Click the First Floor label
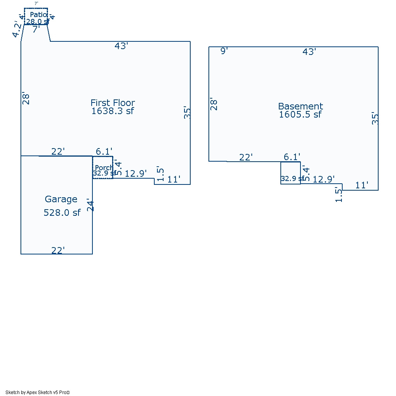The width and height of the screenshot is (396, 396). click(x=113, y=103)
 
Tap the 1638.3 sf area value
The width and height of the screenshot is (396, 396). click(x=113, y=111)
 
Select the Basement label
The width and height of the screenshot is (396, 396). click(x=300, y=106)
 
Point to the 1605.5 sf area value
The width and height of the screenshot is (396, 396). click(x=300, y=114)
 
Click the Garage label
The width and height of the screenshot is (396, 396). click(x=61, y=199)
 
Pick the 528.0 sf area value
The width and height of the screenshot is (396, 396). click(x=62, y=212)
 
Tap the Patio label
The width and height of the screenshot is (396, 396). click(x=38, y=15)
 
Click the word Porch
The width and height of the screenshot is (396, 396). click(x=104, y=168)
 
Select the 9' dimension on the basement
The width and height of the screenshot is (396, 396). click(x=224, y=51)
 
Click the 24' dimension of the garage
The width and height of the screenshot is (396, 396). click(x=90, y=205)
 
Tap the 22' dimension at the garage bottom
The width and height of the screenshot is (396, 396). click(x=58, y=251)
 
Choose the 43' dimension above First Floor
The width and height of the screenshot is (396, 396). click(x=121, y=46)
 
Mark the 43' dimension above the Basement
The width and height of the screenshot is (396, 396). click(x=309, y=52)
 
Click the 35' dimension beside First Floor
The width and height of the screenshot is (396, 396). click(x=188, y=112)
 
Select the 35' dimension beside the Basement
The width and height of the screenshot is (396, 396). click(x=375, y=118)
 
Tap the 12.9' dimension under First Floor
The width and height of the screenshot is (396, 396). click(x=136, y=174)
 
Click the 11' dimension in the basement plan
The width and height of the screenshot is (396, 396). click(x=362, y=185)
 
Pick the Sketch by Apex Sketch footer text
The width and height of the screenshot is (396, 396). click(x=37, y=392)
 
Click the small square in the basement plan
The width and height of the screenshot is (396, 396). click(x=290, y=172)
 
